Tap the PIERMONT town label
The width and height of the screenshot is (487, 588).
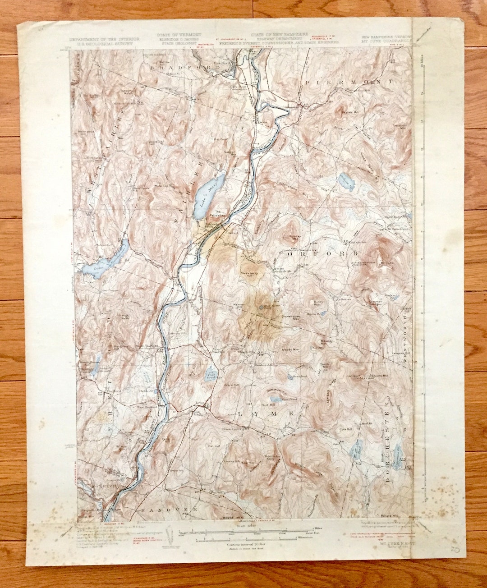[x=349, y=82]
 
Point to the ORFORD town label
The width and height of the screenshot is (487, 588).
[x=322, y=254]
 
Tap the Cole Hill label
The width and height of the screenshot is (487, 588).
[x=345, y=429]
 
